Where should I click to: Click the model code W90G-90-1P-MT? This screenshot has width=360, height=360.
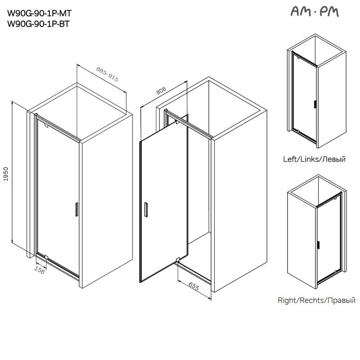click(x=40, y=13)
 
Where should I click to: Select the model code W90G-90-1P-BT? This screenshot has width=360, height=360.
click(x=38, y=24)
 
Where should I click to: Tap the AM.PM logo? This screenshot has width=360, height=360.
click(x=315, y=12)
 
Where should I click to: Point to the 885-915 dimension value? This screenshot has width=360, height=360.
click(x=107, y=74)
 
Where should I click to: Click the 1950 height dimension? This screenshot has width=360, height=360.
click(x=6, y=174)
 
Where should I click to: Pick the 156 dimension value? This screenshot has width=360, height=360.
click(x=39, y=270)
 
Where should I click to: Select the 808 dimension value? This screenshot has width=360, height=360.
click(x=161, y=91)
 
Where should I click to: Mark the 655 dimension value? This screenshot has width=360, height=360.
click(x=194, y=286)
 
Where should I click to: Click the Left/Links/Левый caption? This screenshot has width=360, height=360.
click(x=314, y=159)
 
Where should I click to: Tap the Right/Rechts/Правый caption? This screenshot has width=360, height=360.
click(x=316, y=300)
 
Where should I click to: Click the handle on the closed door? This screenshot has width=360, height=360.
click(x=76, y=209)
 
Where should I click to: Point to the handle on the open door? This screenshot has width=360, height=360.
click(x=146, y=210)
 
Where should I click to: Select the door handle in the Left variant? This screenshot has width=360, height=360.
click(x=315, y=104)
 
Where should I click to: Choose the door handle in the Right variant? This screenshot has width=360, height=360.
click(x=318, y=245)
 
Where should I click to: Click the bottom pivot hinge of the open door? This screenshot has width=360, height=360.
click(x=177, y=260)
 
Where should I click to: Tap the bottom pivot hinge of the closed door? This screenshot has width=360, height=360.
click(x=46, y=257)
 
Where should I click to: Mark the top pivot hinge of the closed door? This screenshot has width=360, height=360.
click(x=46, y=126)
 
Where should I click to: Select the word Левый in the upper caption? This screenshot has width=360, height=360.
click(x=334, y=159)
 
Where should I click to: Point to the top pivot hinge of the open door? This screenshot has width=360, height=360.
click(x=177, y=122)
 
